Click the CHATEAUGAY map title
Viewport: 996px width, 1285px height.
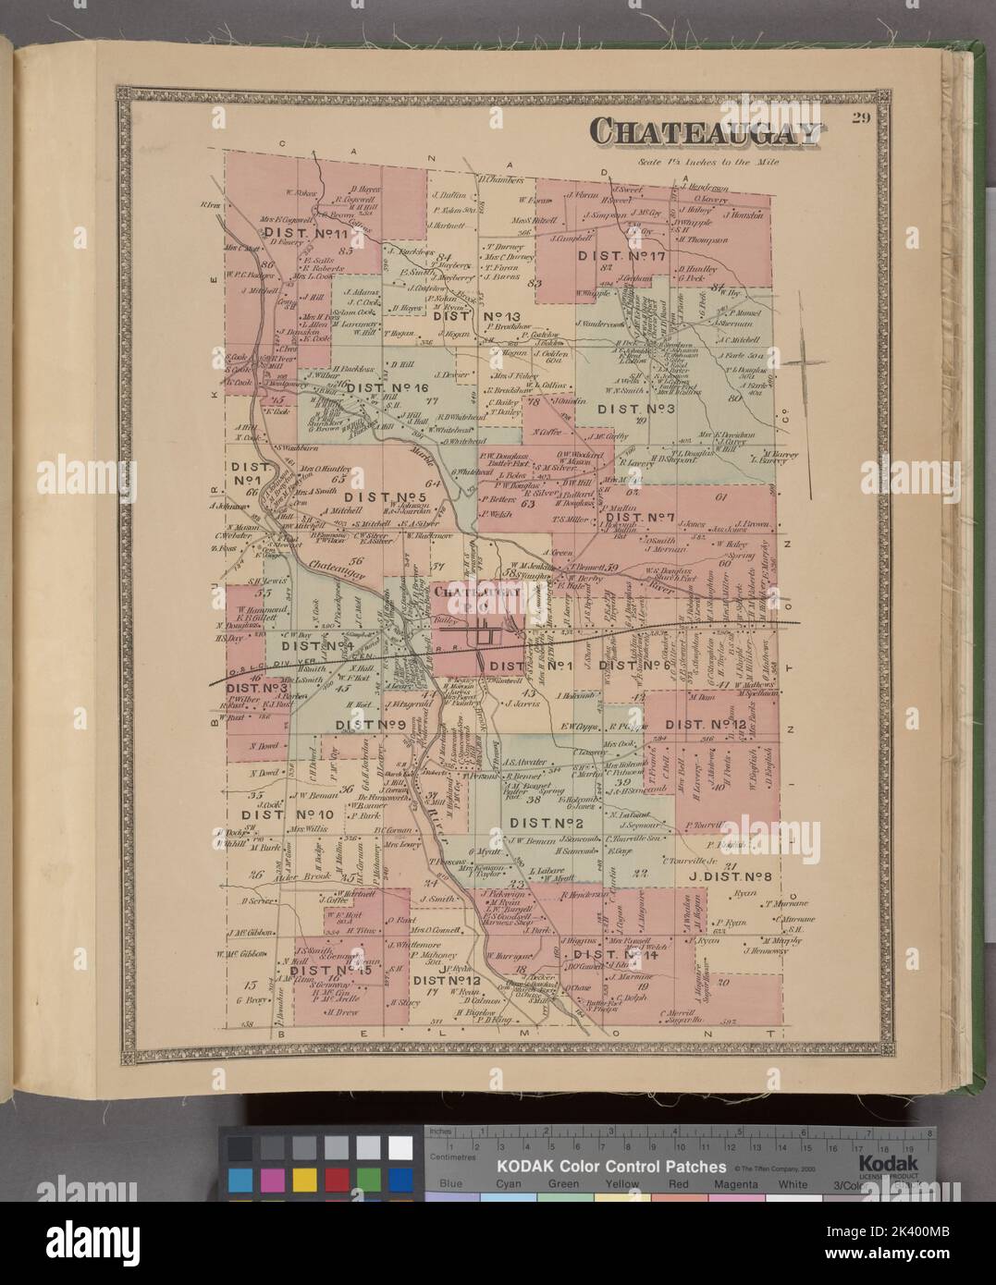point(706,132)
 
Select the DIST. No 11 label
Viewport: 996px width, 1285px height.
point(299,235)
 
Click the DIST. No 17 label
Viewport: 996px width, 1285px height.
point(621,255)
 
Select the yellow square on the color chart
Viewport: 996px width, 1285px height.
point(303,1179)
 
